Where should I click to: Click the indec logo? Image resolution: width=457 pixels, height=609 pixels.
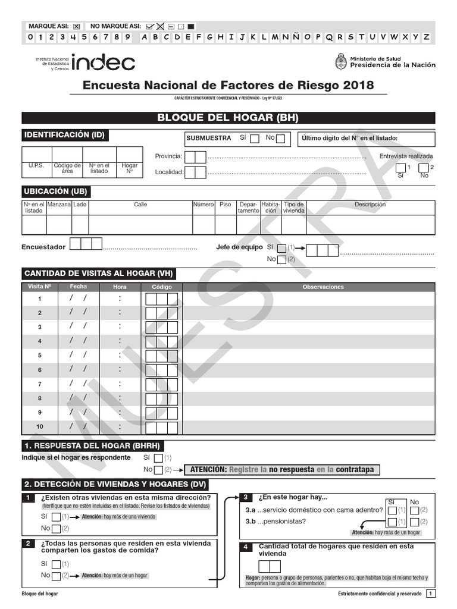click(103, 62)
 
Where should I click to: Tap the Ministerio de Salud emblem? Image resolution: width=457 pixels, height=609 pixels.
click(341, 61)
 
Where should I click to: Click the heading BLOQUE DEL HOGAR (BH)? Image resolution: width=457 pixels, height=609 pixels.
click(228, 118)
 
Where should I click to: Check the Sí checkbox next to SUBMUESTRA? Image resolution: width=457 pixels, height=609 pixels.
click(254, 139)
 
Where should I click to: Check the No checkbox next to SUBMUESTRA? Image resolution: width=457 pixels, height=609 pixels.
click(280, 139)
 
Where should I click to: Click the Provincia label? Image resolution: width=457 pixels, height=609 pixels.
click(168, 156)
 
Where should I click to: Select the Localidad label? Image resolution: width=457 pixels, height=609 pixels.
click(169, 172)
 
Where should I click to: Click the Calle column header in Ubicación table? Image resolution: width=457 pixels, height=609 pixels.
click(140, 205)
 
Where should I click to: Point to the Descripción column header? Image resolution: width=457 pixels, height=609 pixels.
click(370, 205)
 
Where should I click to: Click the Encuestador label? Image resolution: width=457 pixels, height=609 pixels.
click(43, 247)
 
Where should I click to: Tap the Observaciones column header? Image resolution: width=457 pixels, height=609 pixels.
click(323, 287)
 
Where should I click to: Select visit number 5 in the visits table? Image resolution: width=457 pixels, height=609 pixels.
click(40, 356)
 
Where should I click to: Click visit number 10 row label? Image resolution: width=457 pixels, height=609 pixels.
click(40, 427)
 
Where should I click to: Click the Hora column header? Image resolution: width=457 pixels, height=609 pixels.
click(120, 287)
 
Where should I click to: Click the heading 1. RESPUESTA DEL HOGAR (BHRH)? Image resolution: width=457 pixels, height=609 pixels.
click(92, 446)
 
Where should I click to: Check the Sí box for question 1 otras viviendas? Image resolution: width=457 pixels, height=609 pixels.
click(56, 517)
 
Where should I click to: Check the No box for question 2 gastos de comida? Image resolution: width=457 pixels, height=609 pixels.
click(56, 576)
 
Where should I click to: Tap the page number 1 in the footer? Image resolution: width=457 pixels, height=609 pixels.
click(431, 594)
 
